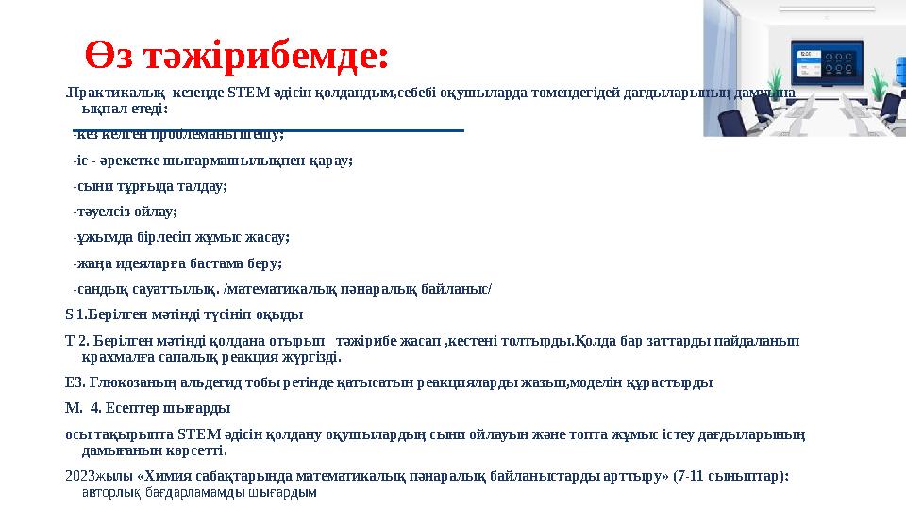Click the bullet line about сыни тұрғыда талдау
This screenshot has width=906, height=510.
(x=150, y=186)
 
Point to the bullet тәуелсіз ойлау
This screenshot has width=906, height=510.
(x=125, y=212)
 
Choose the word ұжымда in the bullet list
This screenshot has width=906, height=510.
(x=103, y=237)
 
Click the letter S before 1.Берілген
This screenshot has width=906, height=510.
(x=69, y=314)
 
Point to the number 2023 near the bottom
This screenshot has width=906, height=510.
(x=80, y=477)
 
